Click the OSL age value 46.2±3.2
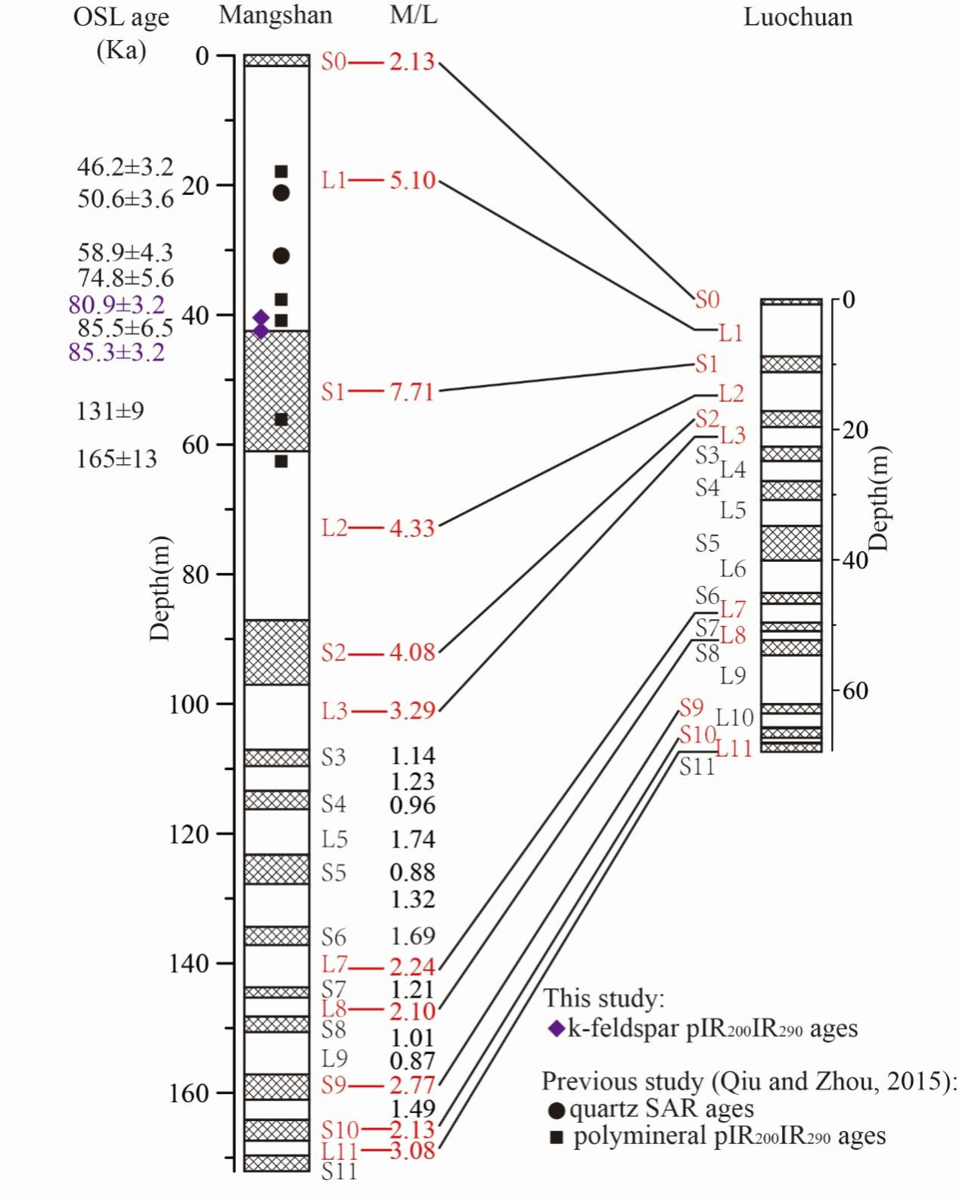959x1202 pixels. pos(125,166)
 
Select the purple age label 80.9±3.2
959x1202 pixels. pos(116,305)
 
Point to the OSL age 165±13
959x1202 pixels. pos(116,459)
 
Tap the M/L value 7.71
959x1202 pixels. pos(412,392)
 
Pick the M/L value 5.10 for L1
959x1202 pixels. pos(412,181)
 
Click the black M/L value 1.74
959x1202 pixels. pos(412,839)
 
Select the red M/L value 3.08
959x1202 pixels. pos(412,1151)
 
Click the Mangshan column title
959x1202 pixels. pos(275,16)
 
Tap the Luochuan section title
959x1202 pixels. pos(798,17)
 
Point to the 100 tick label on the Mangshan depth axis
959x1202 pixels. pos(189,704)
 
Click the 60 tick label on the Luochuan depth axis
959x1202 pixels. pos(855,690)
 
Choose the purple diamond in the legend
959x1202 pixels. pos(556,1029)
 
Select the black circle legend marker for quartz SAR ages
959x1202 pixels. pos(556,1111)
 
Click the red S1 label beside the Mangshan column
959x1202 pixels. pos(334,392)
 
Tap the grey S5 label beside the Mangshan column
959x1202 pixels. pos(334,873)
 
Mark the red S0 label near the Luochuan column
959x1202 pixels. pos(707,300)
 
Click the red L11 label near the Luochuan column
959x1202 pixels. pos(734,748)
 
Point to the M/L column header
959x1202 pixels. pos(413,16)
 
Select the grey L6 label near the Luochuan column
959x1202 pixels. pos(732,569)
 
